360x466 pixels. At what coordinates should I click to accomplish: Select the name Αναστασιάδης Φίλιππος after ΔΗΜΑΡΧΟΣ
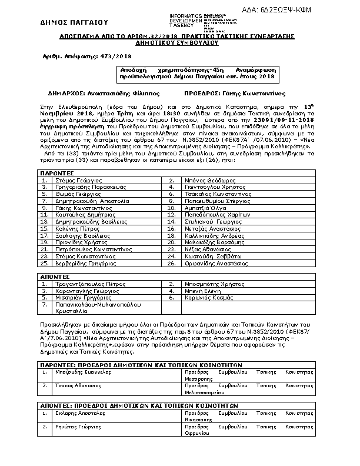106,94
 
